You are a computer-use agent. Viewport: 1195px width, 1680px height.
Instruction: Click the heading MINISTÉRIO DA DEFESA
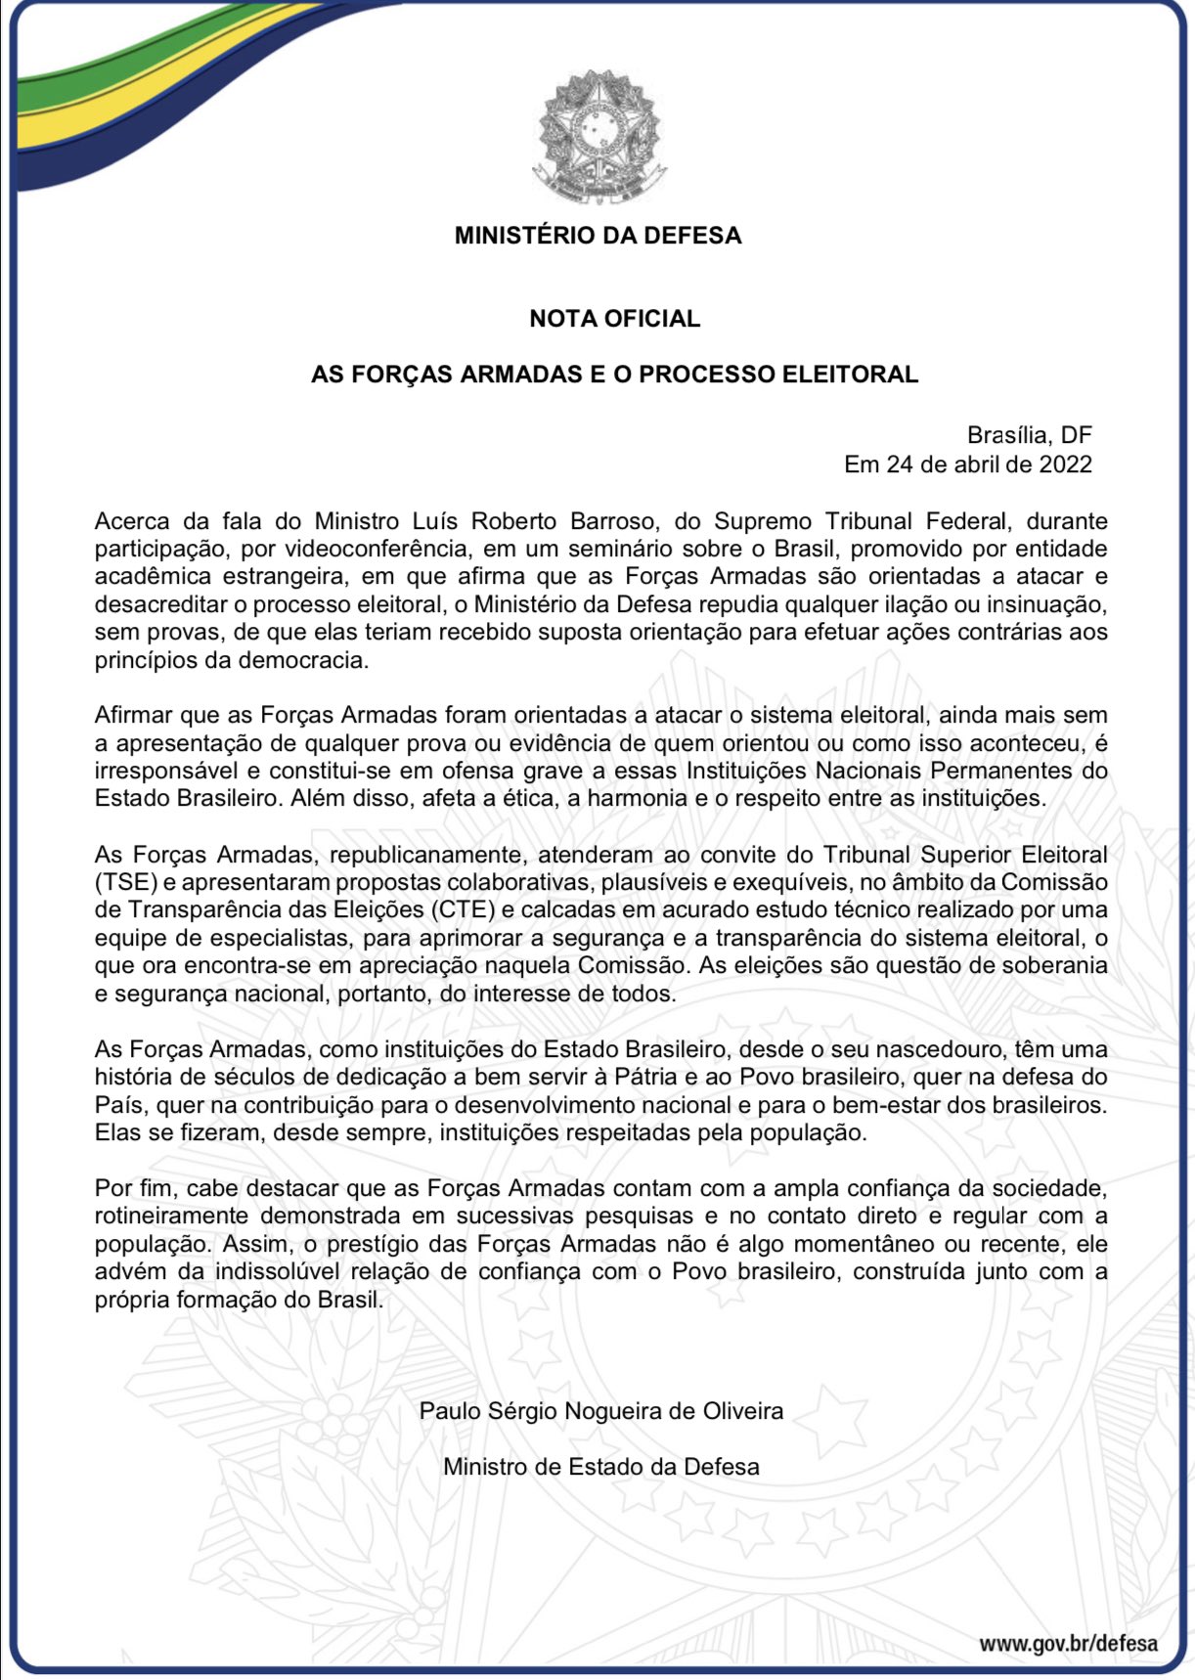pyautogui.click(x=597, y=236)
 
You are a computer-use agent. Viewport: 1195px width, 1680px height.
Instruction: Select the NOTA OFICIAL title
pyautogui.click(x=614, y=319)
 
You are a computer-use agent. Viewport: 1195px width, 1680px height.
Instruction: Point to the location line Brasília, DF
pyautogui.click(x=1029, y=435)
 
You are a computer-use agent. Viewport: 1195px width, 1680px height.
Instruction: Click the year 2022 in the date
pyautogui.click(x=1065, y=464)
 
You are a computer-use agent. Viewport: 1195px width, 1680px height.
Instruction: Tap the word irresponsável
pyautogui.click(x=162, y=770)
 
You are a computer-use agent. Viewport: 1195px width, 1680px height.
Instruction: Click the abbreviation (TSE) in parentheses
pyautogui.click(x=126, y=881)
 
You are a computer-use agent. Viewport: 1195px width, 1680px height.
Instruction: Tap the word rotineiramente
pyautogui.click(x=170, y=1216)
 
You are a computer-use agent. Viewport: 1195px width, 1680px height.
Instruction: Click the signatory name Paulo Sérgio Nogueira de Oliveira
pyautogui.click(x=600, y=1411)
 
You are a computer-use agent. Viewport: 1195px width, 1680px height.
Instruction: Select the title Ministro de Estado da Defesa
pyautogui.click(x=600, y=1467)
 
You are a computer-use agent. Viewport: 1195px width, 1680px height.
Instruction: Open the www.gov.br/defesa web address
pyautogui.click(x=1068, y=1643)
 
